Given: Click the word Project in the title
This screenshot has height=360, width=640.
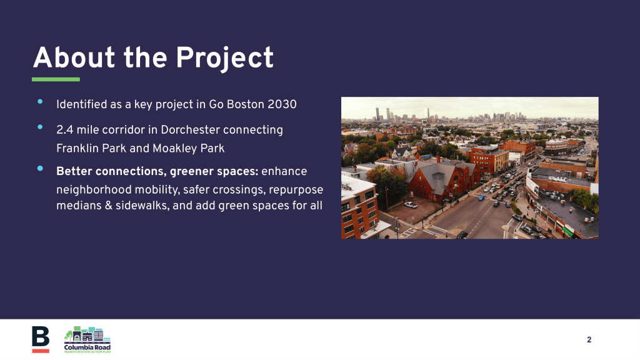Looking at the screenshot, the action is pyautogui.click(x=224, y=58).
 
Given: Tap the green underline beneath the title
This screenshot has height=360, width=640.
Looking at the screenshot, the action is pyautogui.click(x=56, y=79).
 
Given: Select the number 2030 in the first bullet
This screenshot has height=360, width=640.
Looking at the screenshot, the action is pyautogui.click(x=282, y=104).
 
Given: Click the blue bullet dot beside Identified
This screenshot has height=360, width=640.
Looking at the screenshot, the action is pyautogui.click(x=40, y=102).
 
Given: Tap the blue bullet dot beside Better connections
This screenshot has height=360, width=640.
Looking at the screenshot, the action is pyautogui.click(x=40, y=168).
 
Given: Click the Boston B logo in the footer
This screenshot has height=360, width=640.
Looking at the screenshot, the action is pyautogui.click(x=41, y=339).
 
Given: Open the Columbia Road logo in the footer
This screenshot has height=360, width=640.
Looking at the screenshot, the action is pyautogui.click(x=87, y=339).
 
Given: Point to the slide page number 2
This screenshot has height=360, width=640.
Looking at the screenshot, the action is pyautogui.click(x=589, y=339).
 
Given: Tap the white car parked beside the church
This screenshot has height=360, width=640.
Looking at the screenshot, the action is pyautogui.click(x=411, y=205).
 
